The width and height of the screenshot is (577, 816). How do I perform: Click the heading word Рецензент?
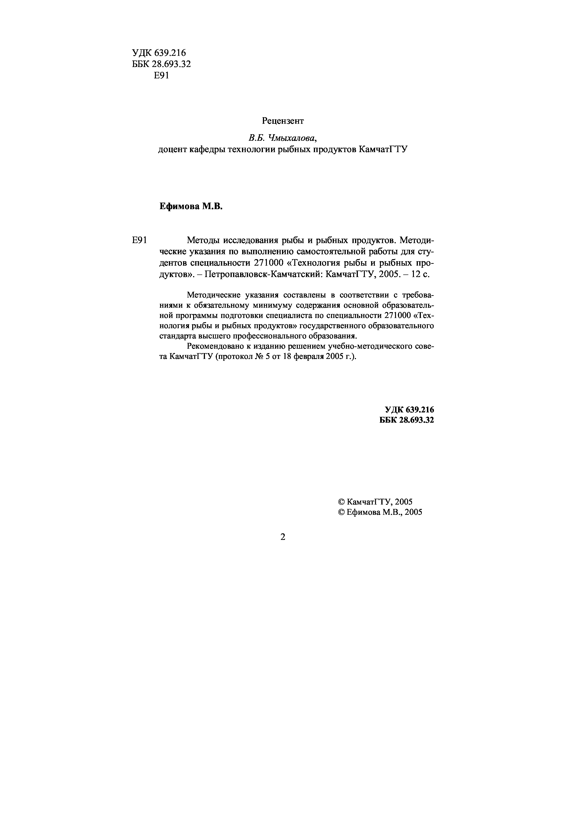click(283, 121)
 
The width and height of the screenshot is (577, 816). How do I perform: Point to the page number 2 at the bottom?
click(283, 537)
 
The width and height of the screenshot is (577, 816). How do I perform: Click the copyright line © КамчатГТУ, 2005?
click(375, 502)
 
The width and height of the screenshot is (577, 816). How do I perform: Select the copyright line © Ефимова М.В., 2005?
click(380, 512)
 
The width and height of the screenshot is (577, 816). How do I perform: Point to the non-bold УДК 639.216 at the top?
click(159, 53)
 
